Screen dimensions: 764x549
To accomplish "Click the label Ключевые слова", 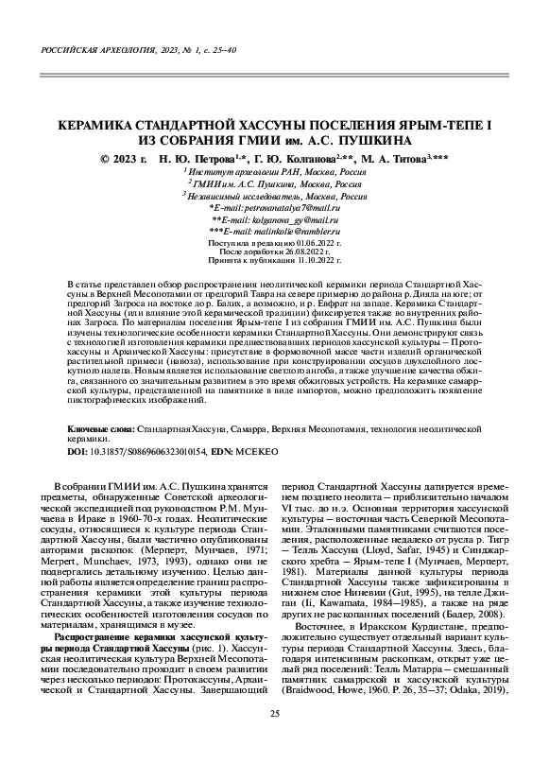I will [101, 428].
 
